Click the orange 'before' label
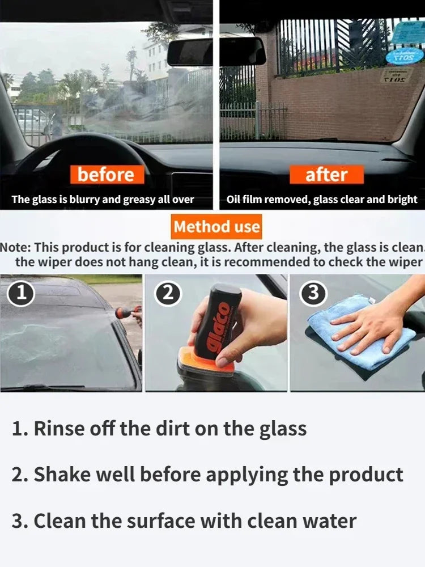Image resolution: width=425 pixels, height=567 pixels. click(x=106, y=174)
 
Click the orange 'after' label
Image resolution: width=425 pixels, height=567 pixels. click(x=326, y=174)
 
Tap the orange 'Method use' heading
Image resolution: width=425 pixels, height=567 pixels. click(x=217, y=227)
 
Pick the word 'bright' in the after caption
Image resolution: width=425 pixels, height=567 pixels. click(x=402, y=200)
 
